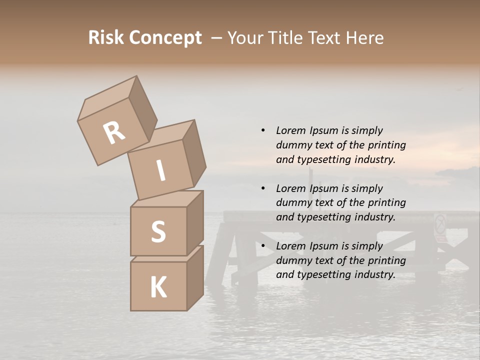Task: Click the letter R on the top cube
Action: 114,133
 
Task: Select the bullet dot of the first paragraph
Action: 262,130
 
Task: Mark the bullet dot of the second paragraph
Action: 262,188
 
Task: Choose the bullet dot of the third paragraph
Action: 262,246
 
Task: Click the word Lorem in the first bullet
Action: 291,130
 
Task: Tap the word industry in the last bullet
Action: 374,274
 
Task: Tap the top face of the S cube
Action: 167,198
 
